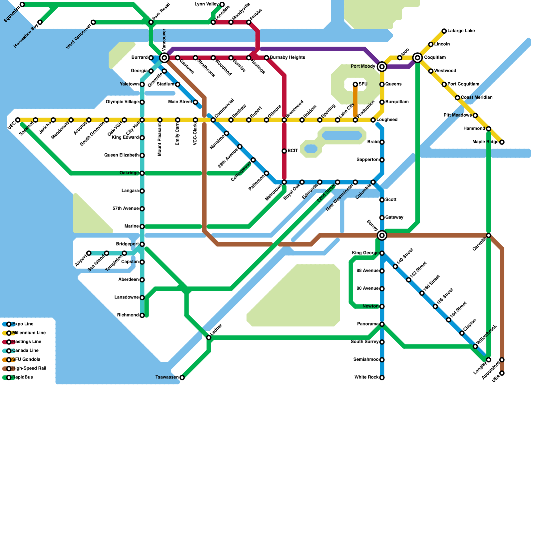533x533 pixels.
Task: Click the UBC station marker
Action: [x=18, y=120]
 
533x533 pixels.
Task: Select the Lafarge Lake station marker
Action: [x=444, y=31]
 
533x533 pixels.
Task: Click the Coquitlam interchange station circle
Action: [x=417, y=58]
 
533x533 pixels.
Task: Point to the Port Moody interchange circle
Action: [x=382, y=67]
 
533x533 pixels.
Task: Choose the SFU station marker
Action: [x=355, y=84]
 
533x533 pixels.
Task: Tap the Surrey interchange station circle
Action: [x=382, y=236]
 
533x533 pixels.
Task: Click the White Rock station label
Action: [x=366, y=377]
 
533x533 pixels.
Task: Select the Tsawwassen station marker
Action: [x=182, y=377]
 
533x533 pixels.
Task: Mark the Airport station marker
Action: [x=89, y=253]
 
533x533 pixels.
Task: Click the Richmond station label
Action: [x=128, y=315]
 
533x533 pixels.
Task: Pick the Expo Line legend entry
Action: [x=23, y=324]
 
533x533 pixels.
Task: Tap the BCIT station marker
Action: [x=284, y=151]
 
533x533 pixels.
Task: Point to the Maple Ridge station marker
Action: [x=502, y=142]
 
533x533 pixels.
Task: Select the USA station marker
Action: [x=502, y=373]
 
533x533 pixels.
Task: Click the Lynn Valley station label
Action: [x=207, y=4]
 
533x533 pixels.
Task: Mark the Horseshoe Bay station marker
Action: [x=40, y=22]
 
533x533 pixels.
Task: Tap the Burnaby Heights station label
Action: [x=287, y=58]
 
